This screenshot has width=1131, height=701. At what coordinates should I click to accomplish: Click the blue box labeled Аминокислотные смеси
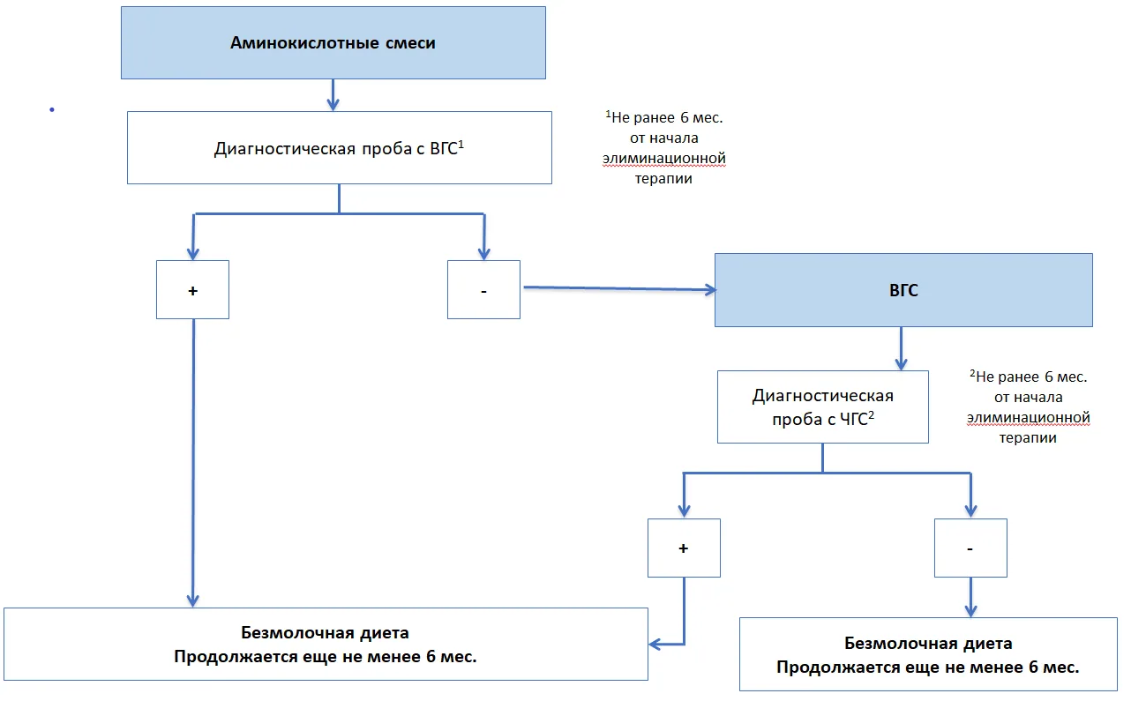click(333, 42)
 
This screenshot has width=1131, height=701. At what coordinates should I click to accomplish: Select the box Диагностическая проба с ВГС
click(340, 147)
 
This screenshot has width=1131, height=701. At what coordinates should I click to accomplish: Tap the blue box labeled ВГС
click(903, 290)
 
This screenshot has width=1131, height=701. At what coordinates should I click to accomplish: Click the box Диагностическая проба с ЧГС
click(822, 406)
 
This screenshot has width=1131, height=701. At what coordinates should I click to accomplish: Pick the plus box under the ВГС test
click(192, 290)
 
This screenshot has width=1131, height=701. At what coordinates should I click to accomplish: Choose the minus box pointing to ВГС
click(483, 290)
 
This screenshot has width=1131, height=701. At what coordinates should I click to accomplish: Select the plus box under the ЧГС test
click(684, 548)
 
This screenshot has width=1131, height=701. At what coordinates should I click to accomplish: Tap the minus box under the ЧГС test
click(970, 548)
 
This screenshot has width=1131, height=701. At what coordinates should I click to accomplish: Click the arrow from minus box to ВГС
click(619, 288)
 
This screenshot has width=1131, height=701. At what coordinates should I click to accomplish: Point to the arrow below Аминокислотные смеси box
click(333, 95)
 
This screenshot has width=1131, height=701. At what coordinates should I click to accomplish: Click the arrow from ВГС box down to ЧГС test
click(901, 348)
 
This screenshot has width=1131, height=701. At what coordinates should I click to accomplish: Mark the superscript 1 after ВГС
click(461, 145)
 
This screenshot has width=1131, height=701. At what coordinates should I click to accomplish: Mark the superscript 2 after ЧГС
click(871, 414)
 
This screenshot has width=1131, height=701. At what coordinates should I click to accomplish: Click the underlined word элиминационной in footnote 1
click(664, 159)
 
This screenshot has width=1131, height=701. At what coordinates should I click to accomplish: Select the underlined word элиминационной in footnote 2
click(1029, 418)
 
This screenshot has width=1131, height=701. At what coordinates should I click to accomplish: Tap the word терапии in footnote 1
click(663, 179)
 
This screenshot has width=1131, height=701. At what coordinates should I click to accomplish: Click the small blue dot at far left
click(52, 109)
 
